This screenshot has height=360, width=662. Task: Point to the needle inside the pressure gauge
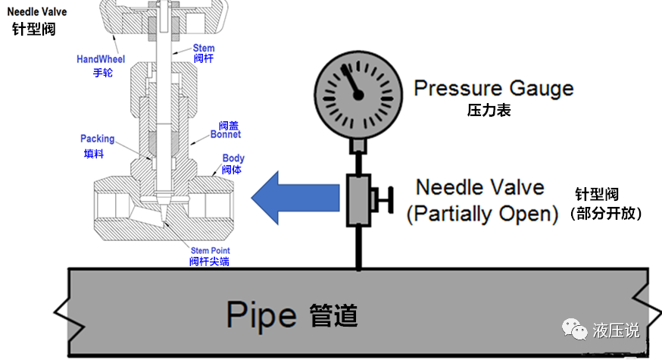(x=351, y=82)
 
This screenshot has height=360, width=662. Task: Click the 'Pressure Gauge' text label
(x=493, y=88)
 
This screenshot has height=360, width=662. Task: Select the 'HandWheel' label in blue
(x=101, y=58)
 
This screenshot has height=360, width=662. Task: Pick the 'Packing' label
(x=98, y=139)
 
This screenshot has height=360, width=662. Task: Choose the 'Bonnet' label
(x=226, y=134)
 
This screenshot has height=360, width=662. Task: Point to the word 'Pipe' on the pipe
(x=264, y=312)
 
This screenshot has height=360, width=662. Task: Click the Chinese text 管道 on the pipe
(x=333, y=314)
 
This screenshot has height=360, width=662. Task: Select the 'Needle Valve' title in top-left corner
(x=36, y=11)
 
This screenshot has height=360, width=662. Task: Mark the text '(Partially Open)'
(x=482, y=214)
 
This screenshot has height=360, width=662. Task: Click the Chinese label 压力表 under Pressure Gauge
(x=489, y=111)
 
